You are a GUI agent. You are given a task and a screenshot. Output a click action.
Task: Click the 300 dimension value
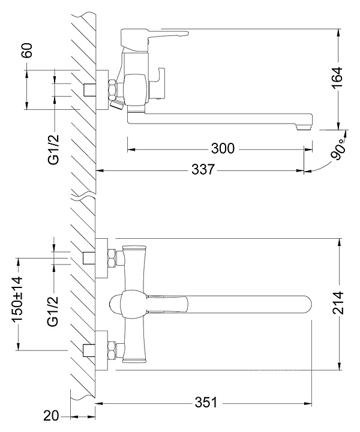[223, 149]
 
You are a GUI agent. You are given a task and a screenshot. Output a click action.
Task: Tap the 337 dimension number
[203, 170]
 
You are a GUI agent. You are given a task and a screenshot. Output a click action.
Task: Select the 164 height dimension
[337, 77]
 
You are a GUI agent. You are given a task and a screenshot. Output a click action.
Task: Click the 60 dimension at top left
[27, 50]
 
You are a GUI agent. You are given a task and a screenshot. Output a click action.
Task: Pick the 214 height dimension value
[338, 303]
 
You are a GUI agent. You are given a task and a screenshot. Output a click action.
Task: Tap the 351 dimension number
[206, 403]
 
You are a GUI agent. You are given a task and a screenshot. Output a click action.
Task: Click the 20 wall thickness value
[51, 416]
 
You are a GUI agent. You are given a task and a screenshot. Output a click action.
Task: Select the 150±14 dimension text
[17, 299]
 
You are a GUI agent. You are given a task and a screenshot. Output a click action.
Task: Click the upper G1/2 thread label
[54, 149]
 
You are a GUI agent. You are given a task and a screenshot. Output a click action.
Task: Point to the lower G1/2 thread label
[53, 311]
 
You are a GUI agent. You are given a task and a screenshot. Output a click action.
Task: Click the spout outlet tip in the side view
[304, 127]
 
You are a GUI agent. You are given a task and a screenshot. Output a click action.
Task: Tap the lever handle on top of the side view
[154, 37]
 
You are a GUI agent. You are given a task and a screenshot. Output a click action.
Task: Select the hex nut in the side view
[113, 89]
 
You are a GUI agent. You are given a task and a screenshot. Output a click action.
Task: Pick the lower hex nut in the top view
[112, 350]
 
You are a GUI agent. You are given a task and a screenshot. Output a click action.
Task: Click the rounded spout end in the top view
[306, 304]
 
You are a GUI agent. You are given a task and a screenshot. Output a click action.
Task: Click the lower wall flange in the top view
[101, 351]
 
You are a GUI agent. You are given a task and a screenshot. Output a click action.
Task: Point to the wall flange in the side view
[102, 90]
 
